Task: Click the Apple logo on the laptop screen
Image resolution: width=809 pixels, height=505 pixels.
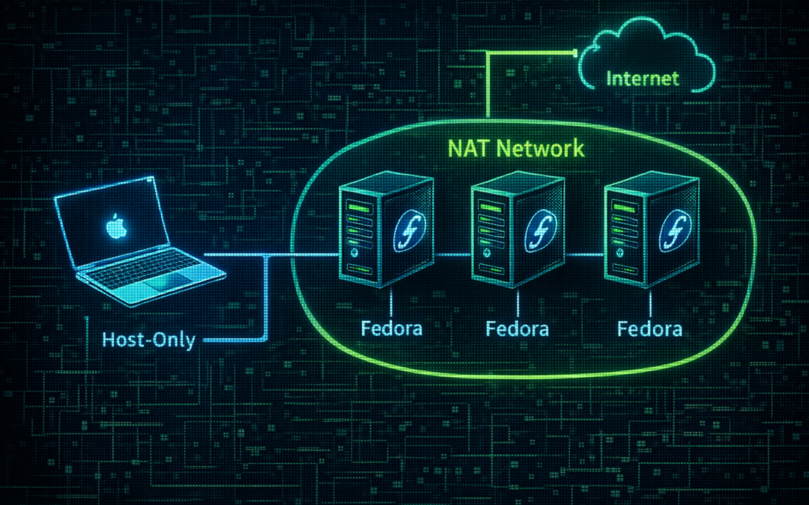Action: (x=114, y=227)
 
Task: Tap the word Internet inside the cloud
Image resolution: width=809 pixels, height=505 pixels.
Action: (x=642, y=79)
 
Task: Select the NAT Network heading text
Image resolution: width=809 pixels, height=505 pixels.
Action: (x=516, y=147)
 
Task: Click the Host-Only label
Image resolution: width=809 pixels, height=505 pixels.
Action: (x=148, y=340)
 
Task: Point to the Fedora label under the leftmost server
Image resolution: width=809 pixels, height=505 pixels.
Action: (x=392, y=328)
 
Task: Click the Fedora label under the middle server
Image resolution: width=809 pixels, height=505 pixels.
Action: (x=517, y=328)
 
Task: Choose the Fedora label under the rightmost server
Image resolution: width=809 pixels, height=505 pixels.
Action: (x=649, y=328)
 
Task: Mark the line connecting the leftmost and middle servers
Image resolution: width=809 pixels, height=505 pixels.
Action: (x=452, y=254)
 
